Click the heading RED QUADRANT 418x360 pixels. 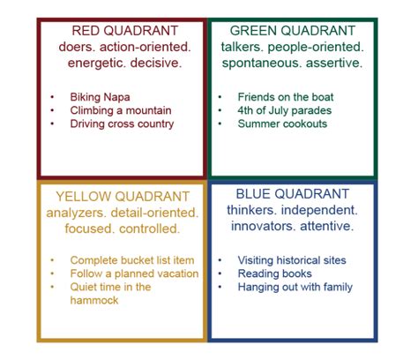[125, 31]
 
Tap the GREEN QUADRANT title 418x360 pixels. [293, 31]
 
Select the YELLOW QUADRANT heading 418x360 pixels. [123, 197]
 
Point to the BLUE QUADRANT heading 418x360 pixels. [293, 194]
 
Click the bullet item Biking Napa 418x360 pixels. [100, 97]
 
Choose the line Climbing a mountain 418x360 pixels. [121, 110]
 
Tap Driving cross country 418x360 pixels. [122, 124]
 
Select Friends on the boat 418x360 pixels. [286, 97]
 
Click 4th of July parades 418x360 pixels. [285, 110]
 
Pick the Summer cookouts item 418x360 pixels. [282, 124]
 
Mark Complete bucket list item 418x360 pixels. [132, 260]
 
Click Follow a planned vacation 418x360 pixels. [134, 274]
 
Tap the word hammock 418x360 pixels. [94, 300]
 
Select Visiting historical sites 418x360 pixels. [292, 260]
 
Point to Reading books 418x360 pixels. [274, 274]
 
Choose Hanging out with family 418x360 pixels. [295, 287]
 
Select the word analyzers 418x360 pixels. [77, 213]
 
